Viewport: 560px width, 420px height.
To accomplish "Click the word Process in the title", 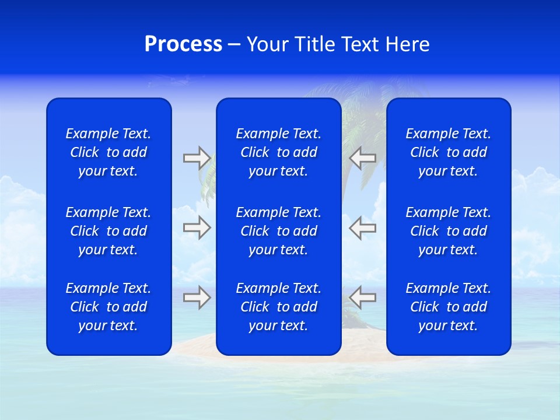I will pos(183,44).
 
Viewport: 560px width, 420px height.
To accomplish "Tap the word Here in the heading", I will pos(408,44).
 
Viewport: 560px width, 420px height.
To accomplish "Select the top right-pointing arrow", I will pos(197,158).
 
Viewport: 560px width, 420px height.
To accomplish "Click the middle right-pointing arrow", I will pos(197,228).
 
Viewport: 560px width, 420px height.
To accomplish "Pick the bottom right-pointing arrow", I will pos(197,297).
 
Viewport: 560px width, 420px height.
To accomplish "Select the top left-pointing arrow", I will pos(362,158).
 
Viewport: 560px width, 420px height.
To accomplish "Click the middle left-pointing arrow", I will pos(362,228).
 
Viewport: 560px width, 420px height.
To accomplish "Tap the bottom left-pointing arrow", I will pos(362,297).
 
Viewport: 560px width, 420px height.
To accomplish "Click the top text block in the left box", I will pos(108,152).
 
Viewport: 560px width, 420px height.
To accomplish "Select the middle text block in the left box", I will pos(108,231).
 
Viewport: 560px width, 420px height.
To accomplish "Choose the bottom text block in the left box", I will pos(108,307).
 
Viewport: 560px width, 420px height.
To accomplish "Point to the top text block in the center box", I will pos(278,152).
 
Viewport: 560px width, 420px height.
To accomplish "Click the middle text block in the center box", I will pos(278,231).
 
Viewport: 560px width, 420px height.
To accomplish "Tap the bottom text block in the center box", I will pos(278,307).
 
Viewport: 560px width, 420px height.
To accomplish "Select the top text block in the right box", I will pos(448,152).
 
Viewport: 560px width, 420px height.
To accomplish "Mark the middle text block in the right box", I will pos(448,231).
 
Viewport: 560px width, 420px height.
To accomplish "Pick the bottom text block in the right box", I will pos(448,307).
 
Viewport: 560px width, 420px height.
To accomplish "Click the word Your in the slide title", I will pos(267,44).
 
